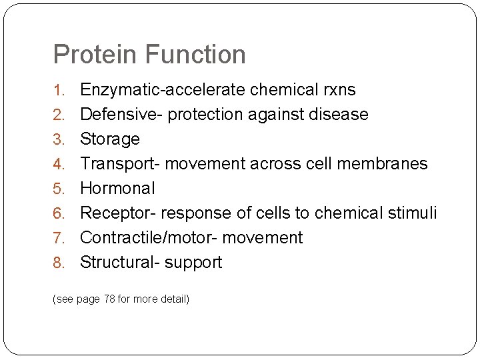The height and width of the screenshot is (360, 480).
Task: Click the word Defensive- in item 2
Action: [x=121, y=114]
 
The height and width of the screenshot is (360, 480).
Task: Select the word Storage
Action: [x=110, y=139]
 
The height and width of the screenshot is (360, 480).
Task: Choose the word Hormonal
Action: [x=117, y=188]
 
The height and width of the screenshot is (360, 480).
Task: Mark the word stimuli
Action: [x=414, y=213]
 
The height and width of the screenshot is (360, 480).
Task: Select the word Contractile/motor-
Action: [x=151, y=237]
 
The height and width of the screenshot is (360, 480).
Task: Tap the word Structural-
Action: [x=120, y=262]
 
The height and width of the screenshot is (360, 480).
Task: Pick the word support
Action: [x=193, y=263]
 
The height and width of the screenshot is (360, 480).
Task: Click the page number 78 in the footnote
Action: [x=109, y=299]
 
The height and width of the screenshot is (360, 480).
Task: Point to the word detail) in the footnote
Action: [x=175, y=299]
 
